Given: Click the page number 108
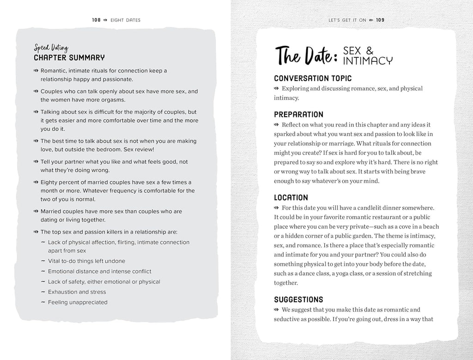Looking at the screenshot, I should pos(96,20).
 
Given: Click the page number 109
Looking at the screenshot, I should pos(380,20).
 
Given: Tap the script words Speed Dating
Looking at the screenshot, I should pos(51,48).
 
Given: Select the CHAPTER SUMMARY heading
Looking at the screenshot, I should pos(69,58).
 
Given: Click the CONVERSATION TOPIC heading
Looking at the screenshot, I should pos(313,78).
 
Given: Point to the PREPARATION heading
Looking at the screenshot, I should pos(298,114).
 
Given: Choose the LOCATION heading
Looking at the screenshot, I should pos(291,198).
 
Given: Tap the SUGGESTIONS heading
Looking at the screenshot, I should pos(298,300).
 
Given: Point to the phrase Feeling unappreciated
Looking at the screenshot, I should pos(78,302).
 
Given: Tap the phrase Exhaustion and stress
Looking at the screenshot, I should pos(77,292).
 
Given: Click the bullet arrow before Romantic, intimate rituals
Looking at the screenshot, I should pos(36,71).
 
